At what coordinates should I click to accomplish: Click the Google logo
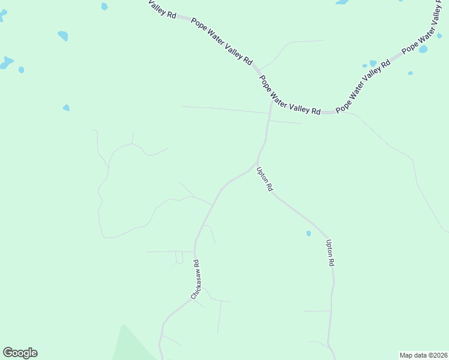[x=20, y=353]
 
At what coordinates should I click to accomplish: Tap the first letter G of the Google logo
[x=8, y=353]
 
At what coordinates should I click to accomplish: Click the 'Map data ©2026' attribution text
[x=423, y=355]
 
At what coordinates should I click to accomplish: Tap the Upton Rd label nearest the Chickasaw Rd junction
[x=265, y=179]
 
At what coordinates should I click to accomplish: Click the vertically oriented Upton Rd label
[x=330, y=253]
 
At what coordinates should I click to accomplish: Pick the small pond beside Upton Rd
[x=309, y=233]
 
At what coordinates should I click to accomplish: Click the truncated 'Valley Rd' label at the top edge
[x=162, y=9]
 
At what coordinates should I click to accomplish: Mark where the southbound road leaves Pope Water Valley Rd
[x=271, y=101]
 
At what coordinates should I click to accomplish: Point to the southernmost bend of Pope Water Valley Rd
[x=327, y=112]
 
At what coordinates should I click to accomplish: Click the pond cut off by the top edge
[x=343, y=2]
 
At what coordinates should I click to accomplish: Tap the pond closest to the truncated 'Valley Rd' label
[x=104, y=7]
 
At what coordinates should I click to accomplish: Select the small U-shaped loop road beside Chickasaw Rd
[x=179, y=259]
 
